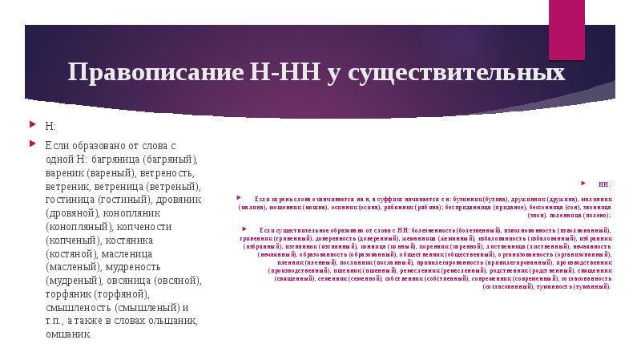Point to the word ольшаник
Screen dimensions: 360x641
[167, 321]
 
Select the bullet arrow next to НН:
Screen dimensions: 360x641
[587, 183]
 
